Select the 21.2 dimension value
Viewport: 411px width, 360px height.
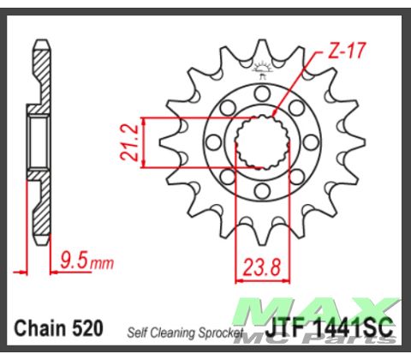(124, 141)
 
